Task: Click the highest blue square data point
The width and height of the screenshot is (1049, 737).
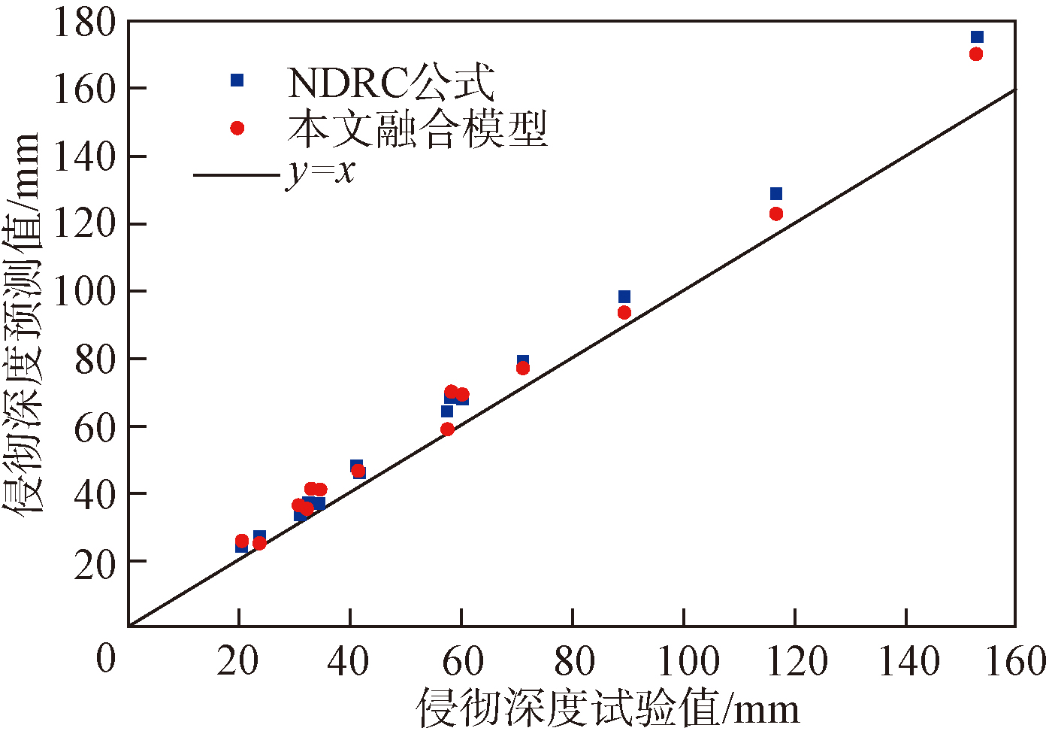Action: pyautogui.click(x=977, y=37)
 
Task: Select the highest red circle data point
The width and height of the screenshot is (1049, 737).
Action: pyautogui.click(x=976, y=54)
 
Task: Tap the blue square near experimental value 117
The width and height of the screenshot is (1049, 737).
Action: pyautogui.click(x=776, y=194)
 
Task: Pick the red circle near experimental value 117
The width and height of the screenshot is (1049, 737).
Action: pyautogui.click(x=776, y=214)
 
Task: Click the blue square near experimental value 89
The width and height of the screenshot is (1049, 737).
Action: pyautogui.click(x=624, y=297)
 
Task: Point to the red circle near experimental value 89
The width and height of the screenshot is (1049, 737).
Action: pyautogui.click(x=624, y=312)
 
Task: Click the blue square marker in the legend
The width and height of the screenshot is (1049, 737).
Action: pyautogui.click(x=237, y=80)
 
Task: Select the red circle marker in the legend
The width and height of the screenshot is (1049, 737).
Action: pyautogui.click(x=237, y=128)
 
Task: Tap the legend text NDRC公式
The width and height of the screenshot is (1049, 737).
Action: pyautogui.click(x=391, y=82)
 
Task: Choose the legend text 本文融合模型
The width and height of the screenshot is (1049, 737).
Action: pyautogui.click(x=418, y=129)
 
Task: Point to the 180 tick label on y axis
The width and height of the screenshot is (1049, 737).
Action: pyautogui.click(x=84, y=23)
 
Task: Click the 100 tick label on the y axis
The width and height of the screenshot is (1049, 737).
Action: pyautogui.click(x=84, y=291)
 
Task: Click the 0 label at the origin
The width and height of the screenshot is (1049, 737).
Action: pyautogui.click(x=106, y=659)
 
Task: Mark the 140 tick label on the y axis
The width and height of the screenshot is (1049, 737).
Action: pyautogui.click(x=84, y=156)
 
